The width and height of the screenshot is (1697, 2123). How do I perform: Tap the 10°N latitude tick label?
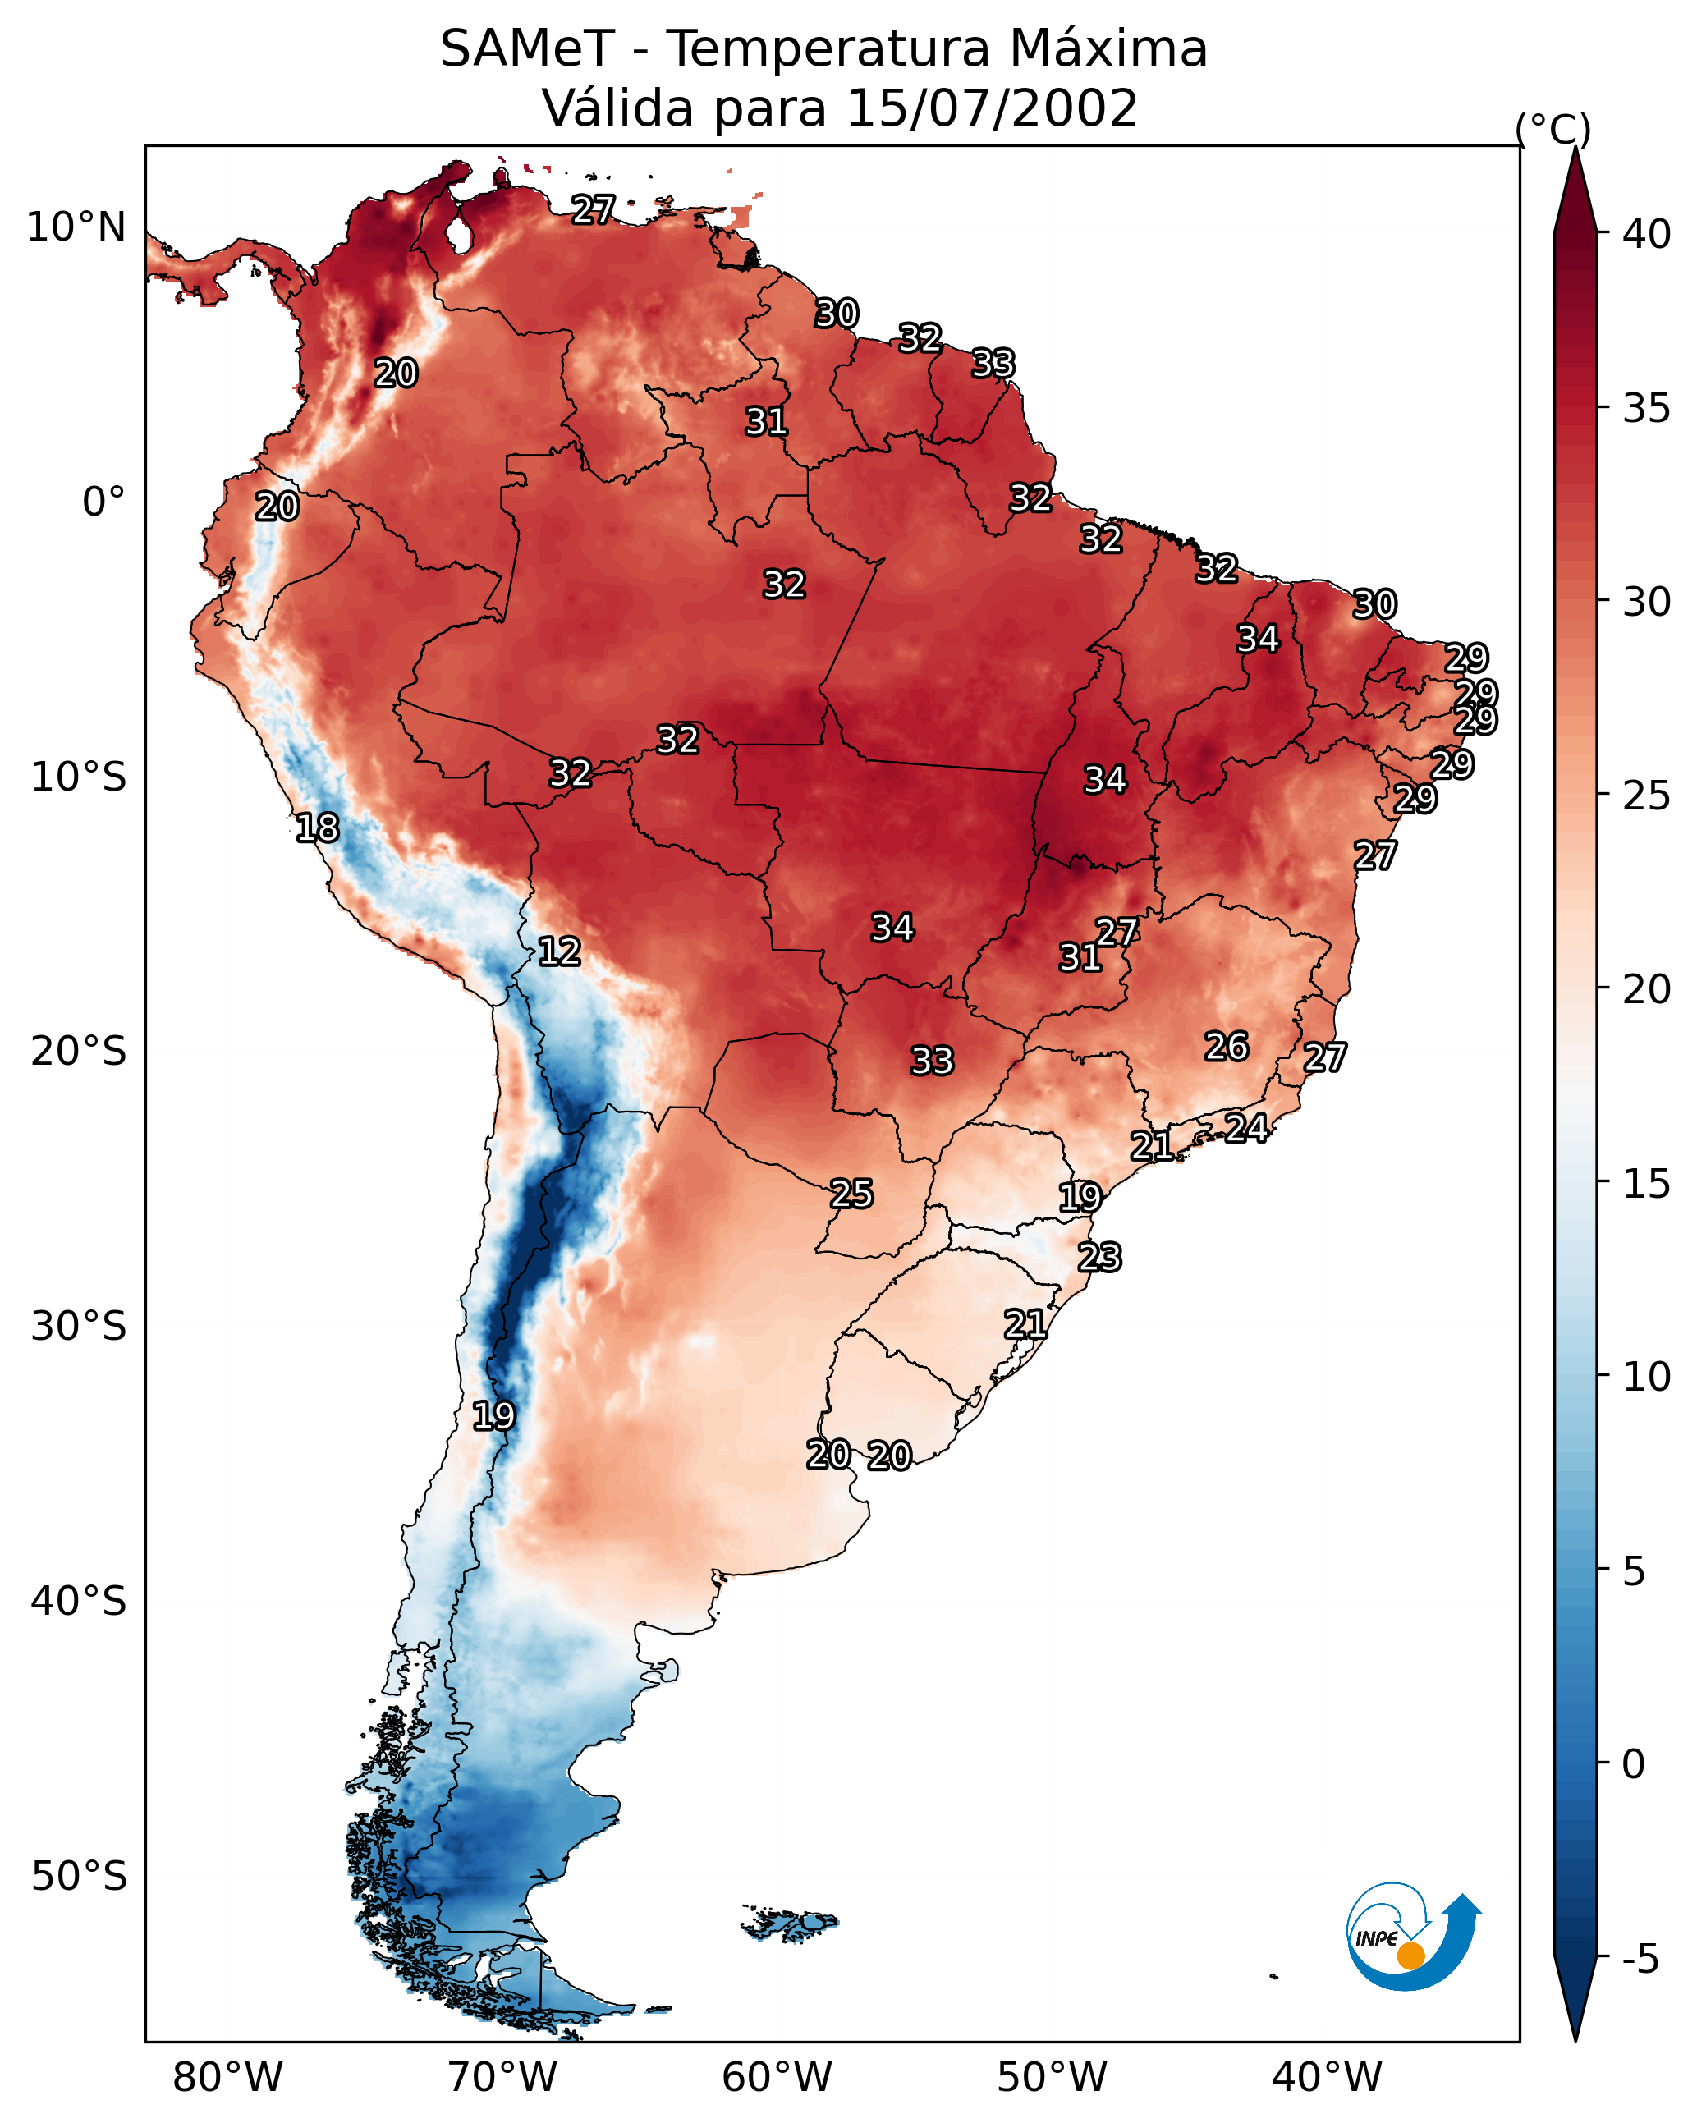click(76, 227)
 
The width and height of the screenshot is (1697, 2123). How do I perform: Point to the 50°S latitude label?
click(79, 1876)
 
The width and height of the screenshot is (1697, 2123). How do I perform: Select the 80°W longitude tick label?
click(227, 2079)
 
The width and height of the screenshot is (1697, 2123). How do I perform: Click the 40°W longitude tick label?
click(1327, 2079)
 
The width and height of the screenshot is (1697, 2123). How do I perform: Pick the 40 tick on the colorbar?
click(1647, 234)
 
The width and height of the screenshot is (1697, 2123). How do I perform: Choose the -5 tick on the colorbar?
click(1640, 1960)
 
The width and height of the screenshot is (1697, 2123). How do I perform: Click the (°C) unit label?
click(1553, 129)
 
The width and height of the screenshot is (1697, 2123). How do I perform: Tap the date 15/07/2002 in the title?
click(992, 108)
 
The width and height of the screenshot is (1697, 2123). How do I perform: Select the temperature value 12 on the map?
click(559, 951)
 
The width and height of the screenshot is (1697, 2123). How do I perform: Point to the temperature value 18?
click(317, 828)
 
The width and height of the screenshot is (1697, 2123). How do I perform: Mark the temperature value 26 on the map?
click(1227, 1047)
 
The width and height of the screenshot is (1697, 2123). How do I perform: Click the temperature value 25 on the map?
click(851, 1194)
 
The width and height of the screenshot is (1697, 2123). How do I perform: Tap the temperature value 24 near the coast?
click(1246, 1127)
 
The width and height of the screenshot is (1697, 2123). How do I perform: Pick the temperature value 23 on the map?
click(1099, 1258)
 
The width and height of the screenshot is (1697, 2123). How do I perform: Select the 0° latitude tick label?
click(103, 502)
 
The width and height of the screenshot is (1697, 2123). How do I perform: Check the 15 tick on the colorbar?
click(1647, 1183)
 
